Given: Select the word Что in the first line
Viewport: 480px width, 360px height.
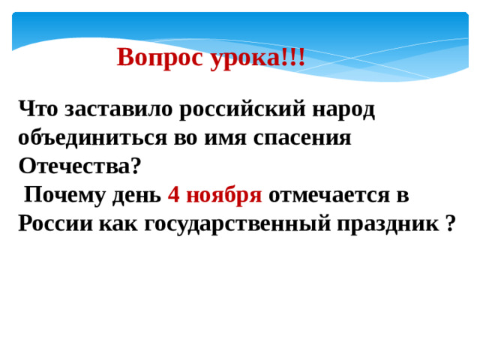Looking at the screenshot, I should point(40,109).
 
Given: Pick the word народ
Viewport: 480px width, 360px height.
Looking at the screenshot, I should point(343,109).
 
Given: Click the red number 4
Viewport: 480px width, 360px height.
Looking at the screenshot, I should point(173,195).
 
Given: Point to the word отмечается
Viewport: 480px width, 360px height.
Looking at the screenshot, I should point(329,195).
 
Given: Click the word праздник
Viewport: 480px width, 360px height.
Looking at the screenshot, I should point(383,223).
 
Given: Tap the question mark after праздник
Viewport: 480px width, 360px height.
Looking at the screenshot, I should point(449,223).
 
